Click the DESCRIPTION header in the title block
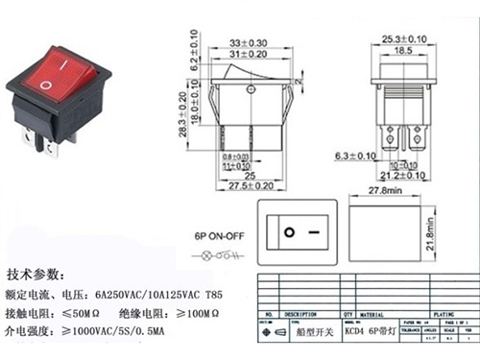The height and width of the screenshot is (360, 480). pos(303,314)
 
